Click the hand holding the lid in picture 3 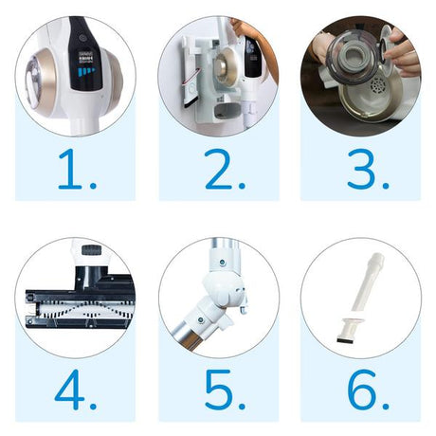tap(403, 52)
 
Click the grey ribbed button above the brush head tap(91, 249)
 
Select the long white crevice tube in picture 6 tap(365, 279)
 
